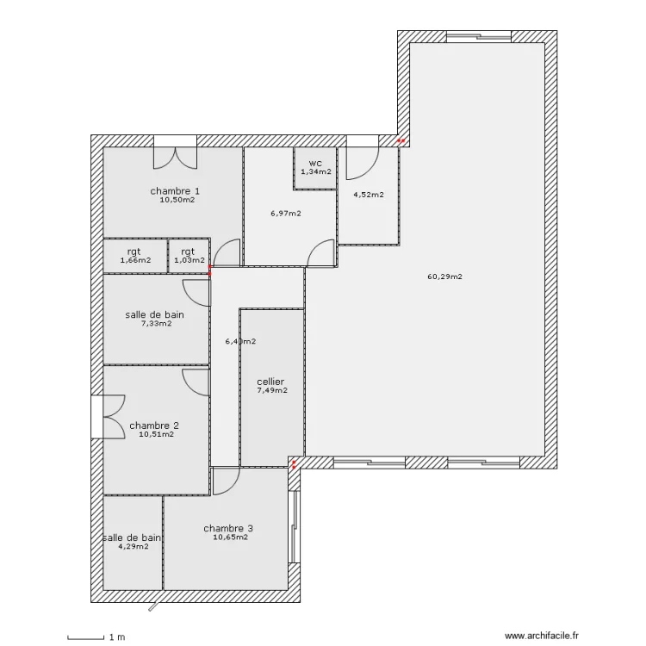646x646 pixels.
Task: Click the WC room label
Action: (315, 164)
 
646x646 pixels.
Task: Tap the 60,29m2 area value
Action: (445, 276)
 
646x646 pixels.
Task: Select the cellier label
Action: (270, 382)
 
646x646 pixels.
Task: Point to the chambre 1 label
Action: (175, 190)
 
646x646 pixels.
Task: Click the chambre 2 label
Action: (154, 425)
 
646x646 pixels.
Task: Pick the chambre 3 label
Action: (228, 528)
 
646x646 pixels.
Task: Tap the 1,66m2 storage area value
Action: (135, 260)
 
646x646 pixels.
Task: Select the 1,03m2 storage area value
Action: (189, 260)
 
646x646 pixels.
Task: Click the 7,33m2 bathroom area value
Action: (157, 323)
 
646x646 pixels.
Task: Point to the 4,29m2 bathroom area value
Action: (134, 547)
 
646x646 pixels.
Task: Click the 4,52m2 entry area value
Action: (369, 195)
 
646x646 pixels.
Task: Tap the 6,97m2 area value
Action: (286, 214)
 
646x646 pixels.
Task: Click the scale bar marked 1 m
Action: (85, 637)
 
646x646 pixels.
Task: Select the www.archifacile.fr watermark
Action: (542, 637)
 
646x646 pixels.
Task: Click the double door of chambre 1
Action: (176, 158)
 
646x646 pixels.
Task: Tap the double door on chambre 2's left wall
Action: (114, 417)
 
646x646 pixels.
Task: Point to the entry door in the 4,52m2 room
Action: (362, 163)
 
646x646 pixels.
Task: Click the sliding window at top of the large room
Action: (479, 37)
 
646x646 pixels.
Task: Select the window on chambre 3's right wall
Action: (294, 527)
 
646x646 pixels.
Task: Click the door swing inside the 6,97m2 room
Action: (321, 253)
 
